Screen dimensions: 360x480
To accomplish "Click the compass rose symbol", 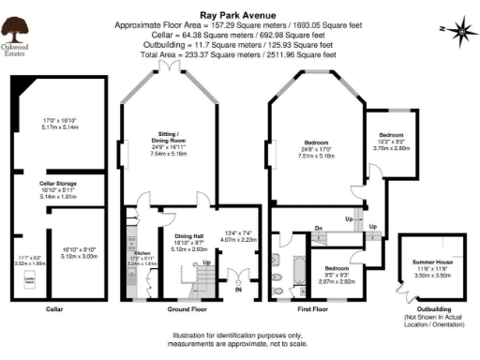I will (x=462, y=33).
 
